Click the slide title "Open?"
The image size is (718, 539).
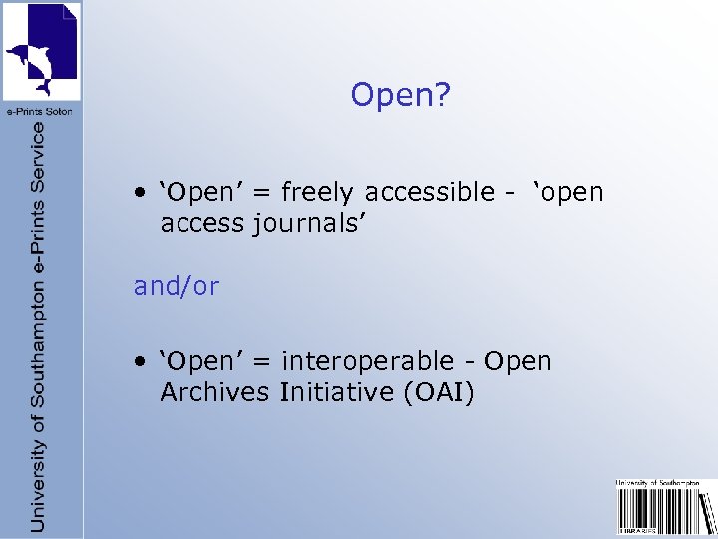point(400,96)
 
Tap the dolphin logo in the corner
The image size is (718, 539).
point(42,50)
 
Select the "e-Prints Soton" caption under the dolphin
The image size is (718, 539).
point(42,111)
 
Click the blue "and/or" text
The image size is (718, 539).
point(177,287)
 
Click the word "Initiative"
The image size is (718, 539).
point(337,392)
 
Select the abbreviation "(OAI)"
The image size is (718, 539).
point(439,392)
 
